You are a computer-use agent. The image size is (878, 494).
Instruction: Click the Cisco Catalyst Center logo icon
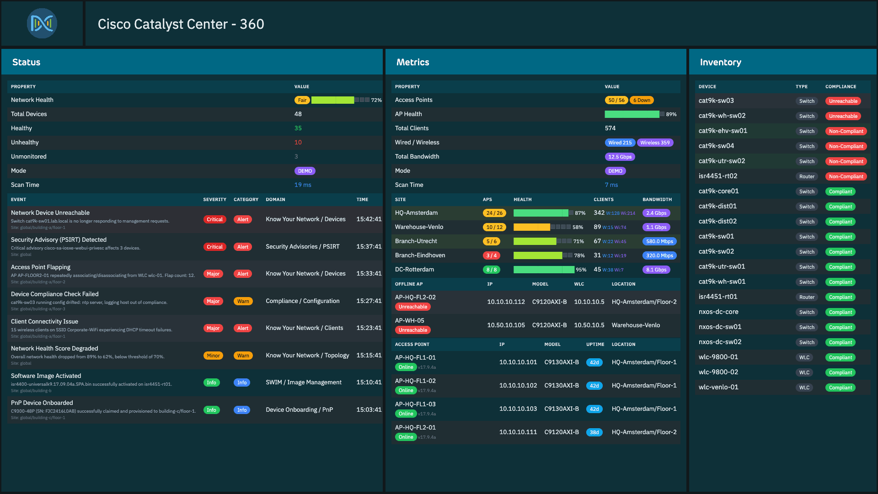pyautogui.click(x=42, y=23)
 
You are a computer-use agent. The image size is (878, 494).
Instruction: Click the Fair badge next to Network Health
pyautogui.click(x=302, y=100)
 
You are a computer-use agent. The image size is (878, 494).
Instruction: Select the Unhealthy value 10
pyautogui.click(x=298, y=142)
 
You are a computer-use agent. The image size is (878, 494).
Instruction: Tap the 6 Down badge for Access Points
pyautogui.click(x=642, y=100)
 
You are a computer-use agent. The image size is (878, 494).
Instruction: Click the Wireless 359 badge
pyautogui.click(x=655, y=143)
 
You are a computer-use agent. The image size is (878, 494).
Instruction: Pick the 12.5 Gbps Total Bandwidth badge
pyautogui.click(x=620, y=157)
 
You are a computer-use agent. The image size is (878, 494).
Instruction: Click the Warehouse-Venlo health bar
pyautogui.click(x=542, y=227)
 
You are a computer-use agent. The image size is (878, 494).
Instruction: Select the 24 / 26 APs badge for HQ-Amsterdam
pyautogui.click(x=494, y=213)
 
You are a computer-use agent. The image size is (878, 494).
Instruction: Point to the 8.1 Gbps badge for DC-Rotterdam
pyautogui.click(x=656, y=270)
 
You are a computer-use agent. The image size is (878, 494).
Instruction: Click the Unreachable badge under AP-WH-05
pyautogui.click(x=412, y=330)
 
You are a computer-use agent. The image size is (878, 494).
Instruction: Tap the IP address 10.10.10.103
pyautogui.click(x=518, y=409)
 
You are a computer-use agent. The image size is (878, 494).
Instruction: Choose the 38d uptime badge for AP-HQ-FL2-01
pyautogui.click(x=594, y=432)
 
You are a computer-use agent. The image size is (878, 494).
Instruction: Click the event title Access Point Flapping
pyautogui.click(x=41, y=267)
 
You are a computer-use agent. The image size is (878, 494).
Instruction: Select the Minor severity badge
pyautogui.click(x=213, y=356)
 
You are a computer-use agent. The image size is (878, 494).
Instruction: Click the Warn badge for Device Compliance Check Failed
pyautogui.click(x=243, y=301)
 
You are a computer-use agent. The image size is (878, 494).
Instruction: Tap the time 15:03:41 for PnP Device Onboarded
pyautogui.click(x=369, y=409)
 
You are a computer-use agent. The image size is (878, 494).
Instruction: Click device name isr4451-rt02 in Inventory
pyautogui.click(x=717, y=176)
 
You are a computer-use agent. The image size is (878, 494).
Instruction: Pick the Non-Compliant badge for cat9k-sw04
pyautogui.click(x=846, y=146)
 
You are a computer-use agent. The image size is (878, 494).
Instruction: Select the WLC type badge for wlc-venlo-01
pyautogui.click(x=804, y=388)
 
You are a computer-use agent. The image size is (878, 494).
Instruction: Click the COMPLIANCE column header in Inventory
pyautogui.click(x=841, y=86)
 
